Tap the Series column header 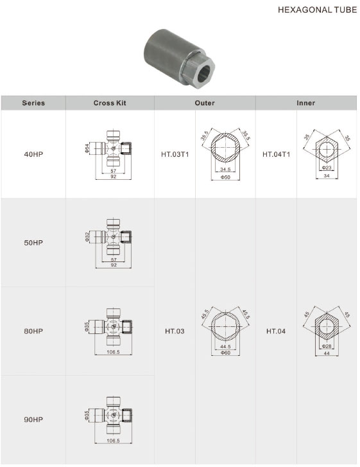click(x=33, y=103)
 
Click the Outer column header click(x=205, y=103)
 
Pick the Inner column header click(x=305, y=103)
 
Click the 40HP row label click(x=33, y=155)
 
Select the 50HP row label click(x=33, y=243)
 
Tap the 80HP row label click(x=33, y=331)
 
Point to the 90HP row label click(x=33, y=419)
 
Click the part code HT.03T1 click(x=175, y=155)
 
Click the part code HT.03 click(x=175, y=331)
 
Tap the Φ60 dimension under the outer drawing click(x=225, y=353)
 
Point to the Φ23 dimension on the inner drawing click(x=326, y=167)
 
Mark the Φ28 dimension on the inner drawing click(x=326, y=346)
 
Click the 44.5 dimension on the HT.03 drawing click(x=225, y=346)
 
